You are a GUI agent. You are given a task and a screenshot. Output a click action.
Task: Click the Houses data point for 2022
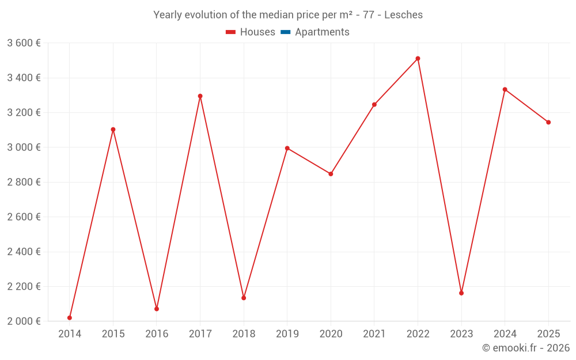click(x=418, y=59)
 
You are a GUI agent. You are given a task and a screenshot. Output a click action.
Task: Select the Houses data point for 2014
click(x=70, y=318)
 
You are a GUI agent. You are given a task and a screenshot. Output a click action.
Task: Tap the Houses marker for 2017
click(x=200, y=96)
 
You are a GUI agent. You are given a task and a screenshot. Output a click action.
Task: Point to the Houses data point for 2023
click(x=461, y=293)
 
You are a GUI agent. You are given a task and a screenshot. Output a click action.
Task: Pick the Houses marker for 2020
click(x=331, y=174)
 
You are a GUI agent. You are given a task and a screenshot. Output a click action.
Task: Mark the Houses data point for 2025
click(x=548, y=122)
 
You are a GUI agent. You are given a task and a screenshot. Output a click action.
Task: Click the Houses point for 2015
click(x=113, y=130)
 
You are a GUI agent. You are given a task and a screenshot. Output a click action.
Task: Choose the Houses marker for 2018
click(x=244, y=298)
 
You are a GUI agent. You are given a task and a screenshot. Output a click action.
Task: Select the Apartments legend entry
click(x=322, y=32)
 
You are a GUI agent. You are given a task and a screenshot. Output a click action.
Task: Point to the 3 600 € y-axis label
click(x=24, y=43)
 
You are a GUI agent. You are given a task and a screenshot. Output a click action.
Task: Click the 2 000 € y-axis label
click(x=24, y=321)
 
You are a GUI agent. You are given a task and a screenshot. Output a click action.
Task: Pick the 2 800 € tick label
click(x=24, y=182)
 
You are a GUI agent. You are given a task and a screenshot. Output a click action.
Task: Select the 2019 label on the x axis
click(x=287, y=334)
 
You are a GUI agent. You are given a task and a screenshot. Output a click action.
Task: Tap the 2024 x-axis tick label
click(x=505, y=334)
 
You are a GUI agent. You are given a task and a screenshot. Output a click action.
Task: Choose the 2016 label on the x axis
click(x=157, y=334)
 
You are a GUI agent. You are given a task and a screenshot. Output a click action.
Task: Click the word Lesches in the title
click(x=403, y=15)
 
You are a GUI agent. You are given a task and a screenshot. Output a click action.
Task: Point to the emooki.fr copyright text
click(x=526, y=348)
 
